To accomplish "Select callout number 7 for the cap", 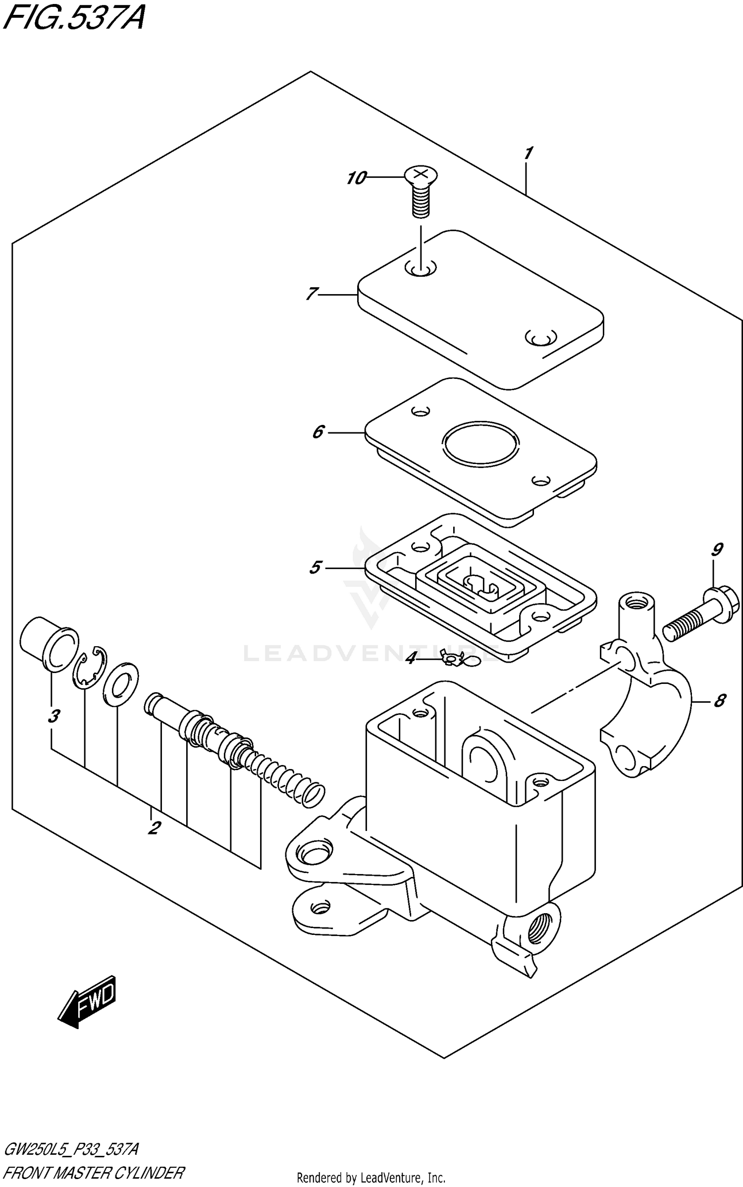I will [311, 294].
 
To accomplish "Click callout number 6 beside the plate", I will [318, 432].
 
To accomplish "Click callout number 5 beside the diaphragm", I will [316, 568].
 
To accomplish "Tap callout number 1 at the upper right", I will [528, 153].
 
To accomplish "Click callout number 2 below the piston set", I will [154, 827].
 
